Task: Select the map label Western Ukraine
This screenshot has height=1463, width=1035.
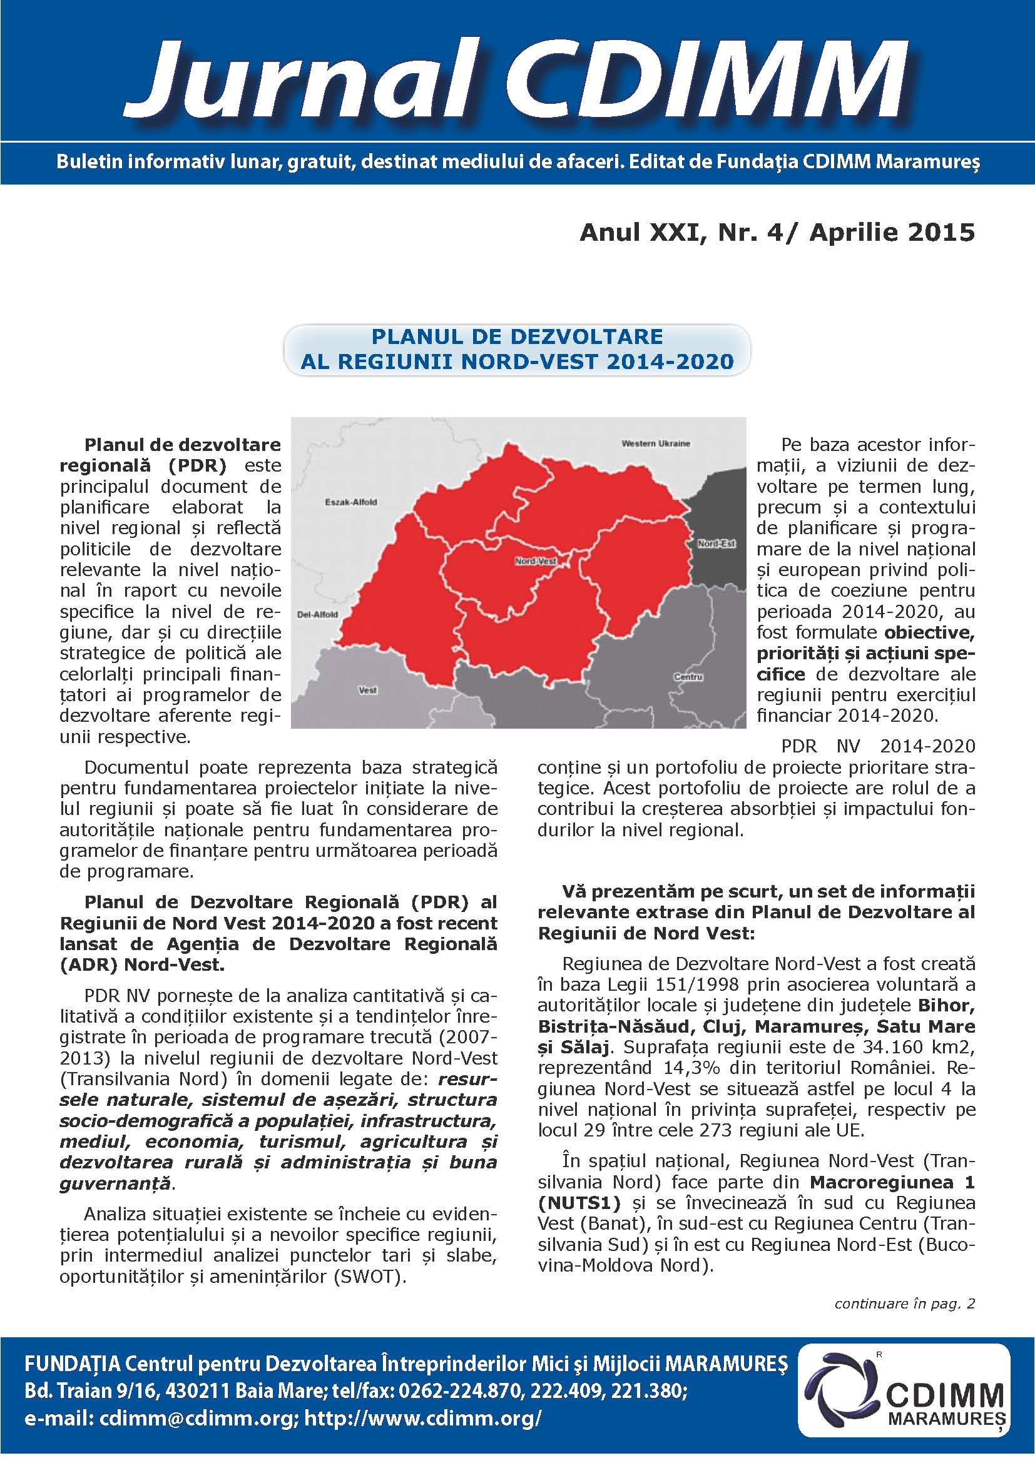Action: pos(655,443)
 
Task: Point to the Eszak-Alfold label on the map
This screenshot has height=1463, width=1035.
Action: pos(350,502)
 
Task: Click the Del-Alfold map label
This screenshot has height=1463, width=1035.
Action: pos(317,615)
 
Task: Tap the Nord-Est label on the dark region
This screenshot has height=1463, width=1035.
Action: pos(716,544)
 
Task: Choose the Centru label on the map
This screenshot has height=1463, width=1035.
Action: pos(688,677)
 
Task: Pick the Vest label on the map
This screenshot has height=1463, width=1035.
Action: pos(368,690)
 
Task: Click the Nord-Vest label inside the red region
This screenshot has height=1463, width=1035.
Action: pos(536,561)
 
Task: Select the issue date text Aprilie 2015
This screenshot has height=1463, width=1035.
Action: pos(892,233)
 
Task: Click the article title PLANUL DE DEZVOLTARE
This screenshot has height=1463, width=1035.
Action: pos(517,337)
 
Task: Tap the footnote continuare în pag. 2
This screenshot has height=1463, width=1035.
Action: pos(904,1304)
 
